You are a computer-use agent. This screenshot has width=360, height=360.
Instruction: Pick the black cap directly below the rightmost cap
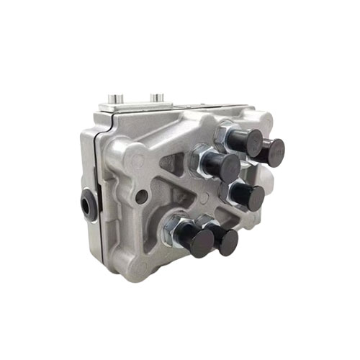[249, 197]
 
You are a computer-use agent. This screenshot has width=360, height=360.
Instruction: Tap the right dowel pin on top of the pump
[158, 96]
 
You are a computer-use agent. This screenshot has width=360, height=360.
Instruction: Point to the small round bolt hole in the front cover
[143, 195]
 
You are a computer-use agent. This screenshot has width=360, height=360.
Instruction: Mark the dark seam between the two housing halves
[105, 216]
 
